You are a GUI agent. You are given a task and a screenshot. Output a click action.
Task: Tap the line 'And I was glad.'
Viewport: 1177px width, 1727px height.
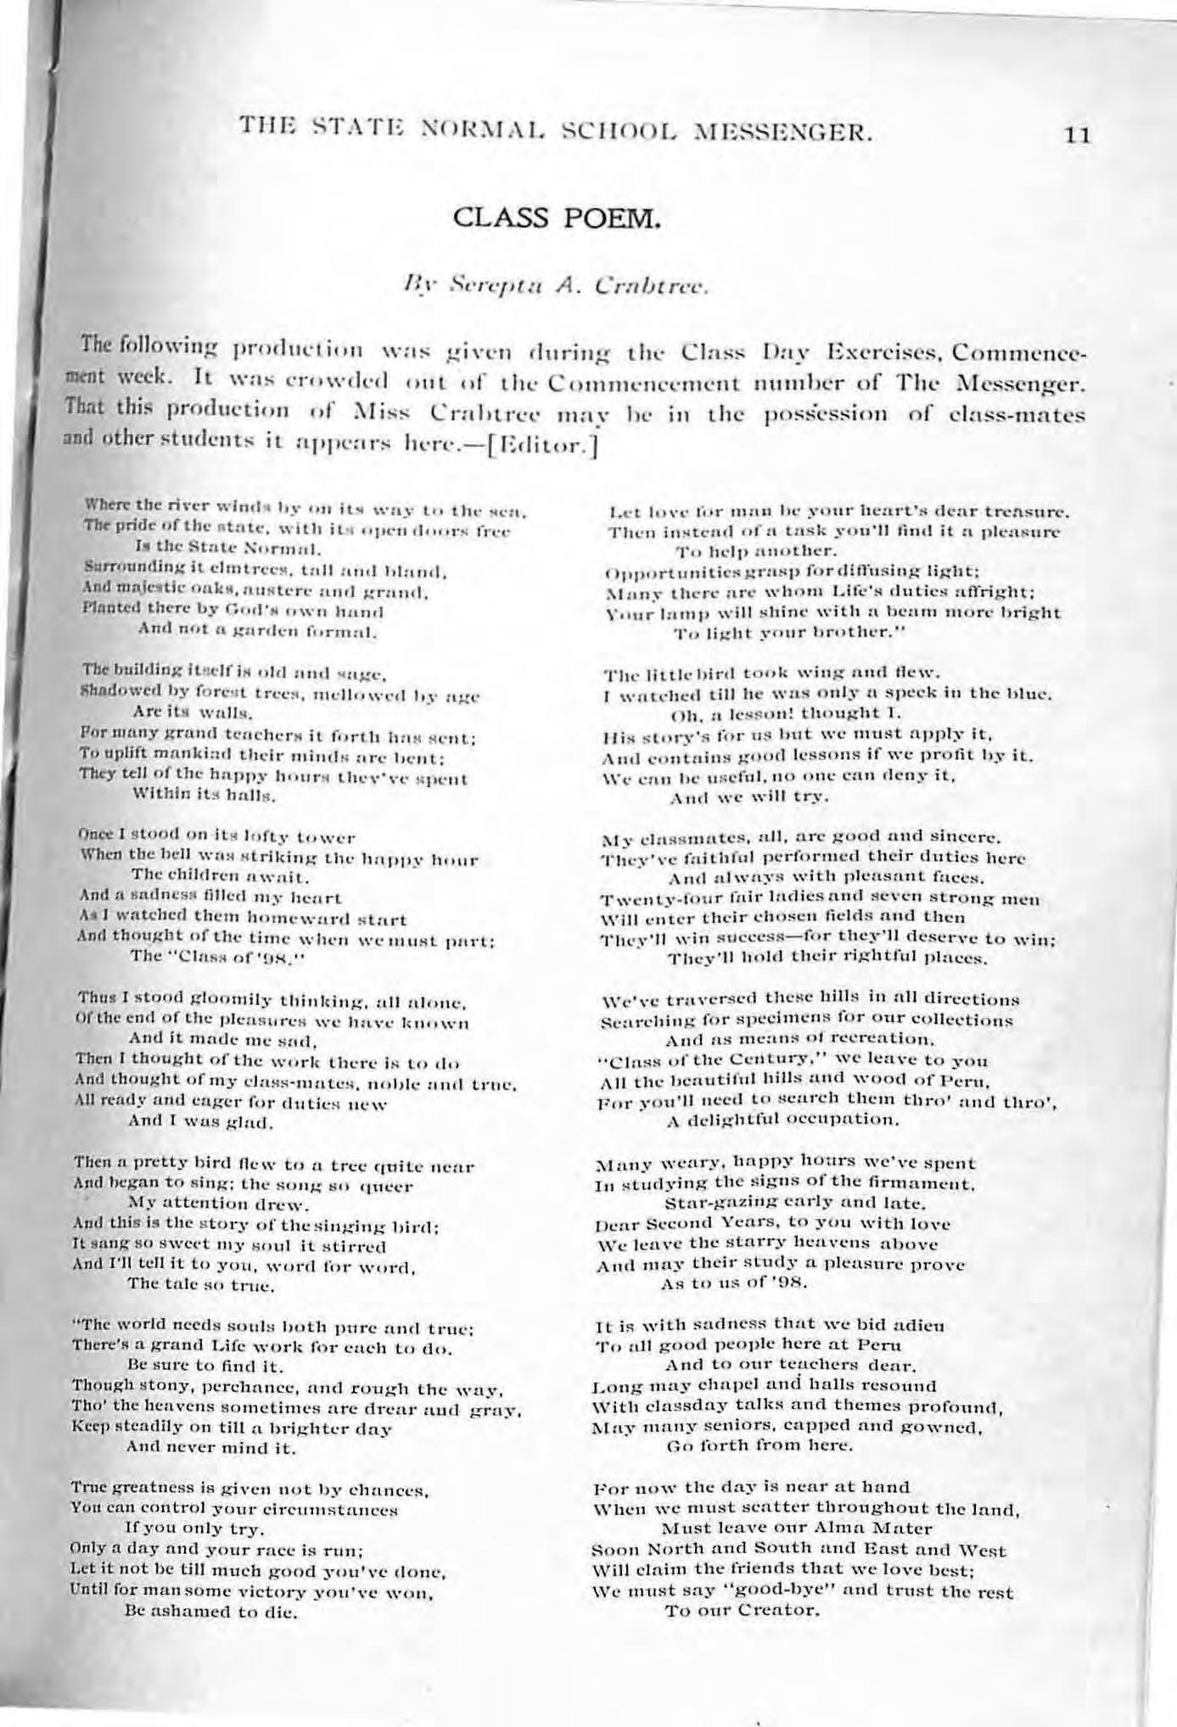(x=199, y=1123)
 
